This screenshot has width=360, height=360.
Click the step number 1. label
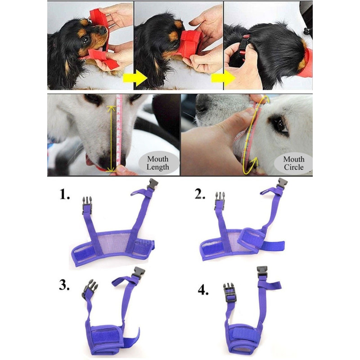click(x=65, y=195)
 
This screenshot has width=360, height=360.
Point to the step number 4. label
click(x=203, y=290)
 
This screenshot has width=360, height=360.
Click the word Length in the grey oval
click(x=158, y=167)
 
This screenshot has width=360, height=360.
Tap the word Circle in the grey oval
click(x=294, y=167)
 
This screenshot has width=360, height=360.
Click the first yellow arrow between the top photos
click(x=135, y=78)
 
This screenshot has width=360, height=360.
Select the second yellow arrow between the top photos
click(x=223, y=78)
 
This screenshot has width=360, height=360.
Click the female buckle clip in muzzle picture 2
click(x=282, y=184)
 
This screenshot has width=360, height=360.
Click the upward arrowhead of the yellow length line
click(x=111, y=108)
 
